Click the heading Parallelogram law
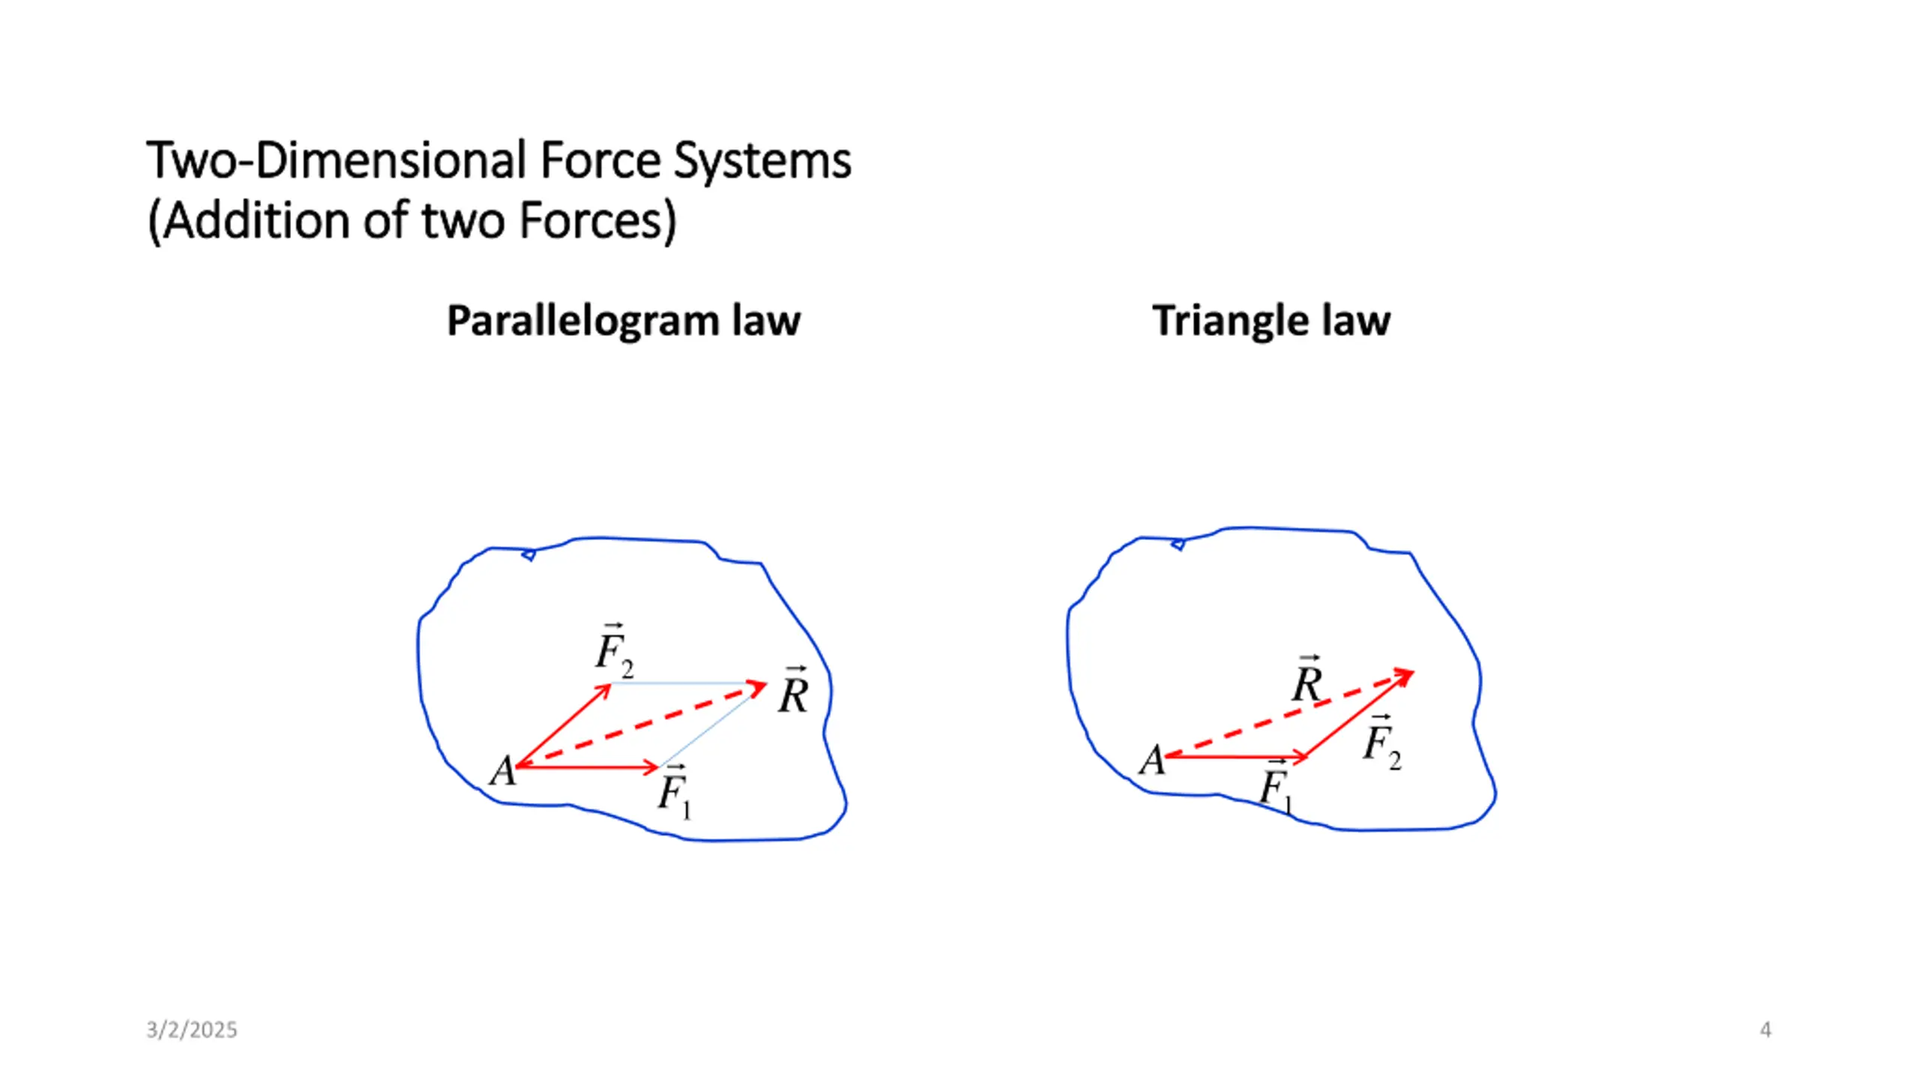point(623,321)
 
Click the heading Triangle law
point(1271,321)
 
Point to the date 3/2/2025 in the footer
point(192,1030)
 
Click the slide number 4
point(1765,1030)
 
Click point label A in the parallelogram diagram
point(502,771)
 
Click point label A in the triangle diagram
point(1152,761)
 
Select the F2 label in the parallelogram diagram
point(614,650)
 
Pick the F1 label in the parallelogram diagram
point(674,792)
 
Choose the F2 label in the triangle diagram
point(1382,743)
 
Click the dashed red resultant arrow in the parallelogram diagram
point(637,725)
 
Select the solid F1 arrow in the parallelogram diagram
point(585,767)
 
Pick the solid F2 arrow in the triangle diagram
point(1357,715)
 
